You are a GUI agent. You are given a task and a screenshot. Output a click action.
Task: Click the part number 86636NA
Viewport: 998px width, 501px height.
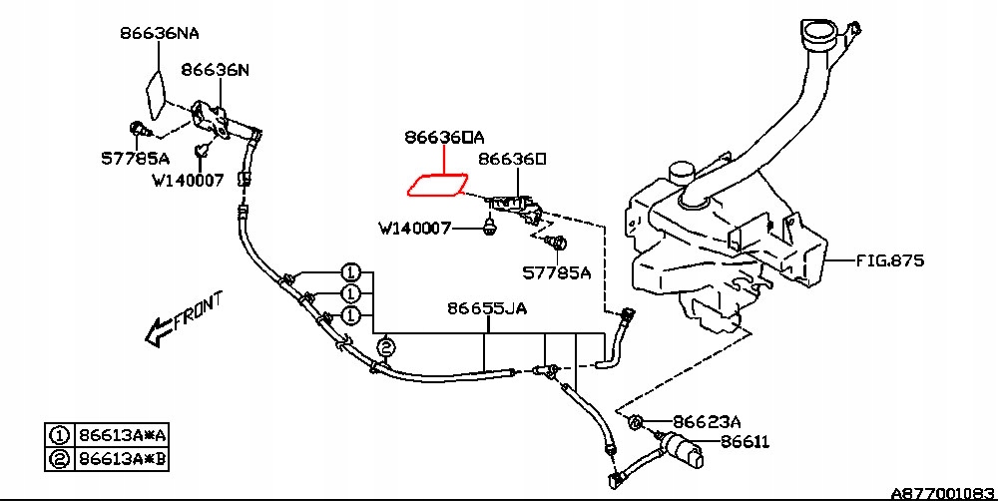coord(159,33)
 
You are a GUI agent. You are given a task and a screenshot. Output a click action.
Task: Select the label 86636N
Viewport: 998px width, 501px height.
coord(215,70)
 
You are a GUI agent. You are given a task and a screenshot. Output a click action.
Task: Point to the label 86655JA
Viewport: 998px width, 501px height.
coord(486,308)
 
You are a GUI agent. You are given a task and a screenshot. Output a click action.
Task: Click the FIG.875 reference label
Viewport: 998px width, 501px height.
coord(890,261)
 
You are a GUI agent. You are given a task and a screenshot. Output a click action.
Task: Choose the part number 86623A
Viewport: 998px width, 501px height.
coord(708,421)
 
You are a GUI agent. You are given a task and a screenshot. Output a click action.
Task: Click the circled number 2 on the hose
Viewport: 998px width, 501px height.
coord(385,347)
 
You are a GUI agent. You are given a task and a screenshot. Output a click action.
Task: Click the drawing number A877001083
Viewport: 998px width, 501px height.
coord(942,492)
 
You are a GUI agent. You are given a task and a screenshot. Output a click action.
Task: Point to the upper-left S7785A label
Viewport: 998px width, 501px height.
coord(135,158)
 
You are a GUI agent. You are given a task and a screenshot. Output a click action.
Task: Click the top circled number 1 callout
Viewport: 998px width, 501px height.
coord(350,271)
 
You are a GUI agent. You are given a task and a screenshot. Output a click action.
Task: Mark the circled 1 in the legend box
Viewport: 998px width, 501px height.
coord(59,435)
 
